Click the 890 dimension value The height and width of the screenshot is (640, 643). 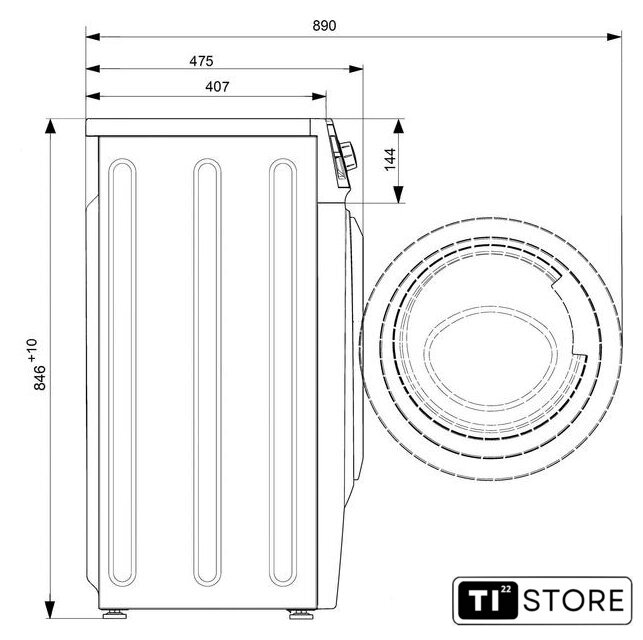click(x=324, y=26)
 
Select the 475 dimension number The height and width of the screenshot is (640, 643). click(x=201, y=61)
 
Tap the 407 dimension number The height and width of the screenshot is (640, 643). click(x=217, y=87)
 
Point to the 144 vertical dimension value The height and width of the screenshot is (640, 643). click(x=390, y=159)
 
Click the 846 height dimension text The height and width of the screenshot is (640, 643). click(x=40, y=377)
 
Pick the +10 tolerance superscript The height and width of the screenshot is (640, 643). click(x=32, y=350)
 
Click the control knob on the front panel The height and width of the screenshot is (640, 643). click(x=349, y=156)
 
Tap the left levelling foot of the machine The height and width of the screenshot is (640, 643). click(x=115, y=614)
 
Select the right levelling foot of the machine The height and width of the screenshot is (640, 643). click(x=301, y=614)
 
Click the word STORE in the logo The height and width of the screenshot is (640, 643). click(x=574, y=600)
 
